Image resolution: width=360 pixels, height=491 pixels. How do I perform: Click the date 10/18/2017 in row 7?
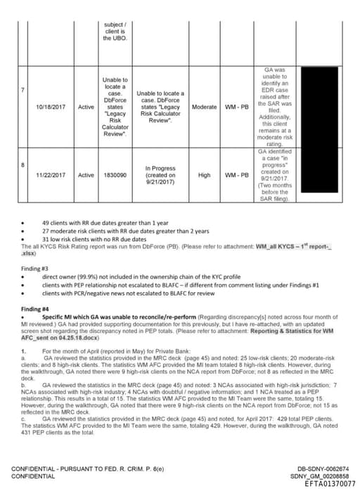(x=50, y=107)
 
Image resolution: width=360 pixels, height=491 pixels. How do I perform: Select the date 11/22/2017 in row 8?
(x=50, y=175)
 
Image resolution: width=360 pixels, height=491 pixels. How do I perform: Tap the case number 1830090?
(x=115, y=175)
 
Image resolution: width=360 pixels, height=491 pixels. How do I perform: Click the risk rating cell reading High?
(x=204, y=175)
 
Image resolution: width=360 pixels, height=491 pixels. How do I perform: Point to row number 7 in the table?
(x=23, y=90)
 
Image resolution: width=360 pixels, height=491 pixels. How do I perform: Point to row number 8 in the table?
(x=23, y=164)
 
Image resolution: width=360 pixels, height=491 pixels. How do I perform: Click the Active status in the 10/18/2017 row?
(x=86, y=107)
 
